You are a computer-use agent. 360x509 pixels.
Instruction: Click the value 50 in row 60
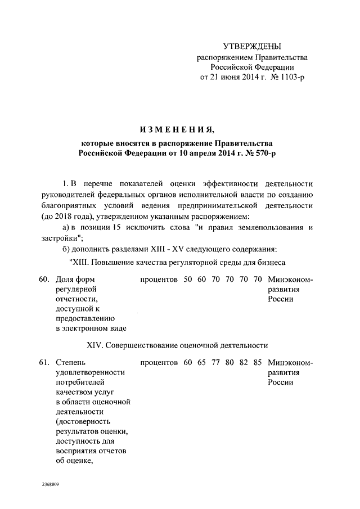click(x=188, y=278)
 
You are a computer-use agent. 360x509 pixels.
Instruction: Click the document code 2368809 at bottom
click(x=51, y=484)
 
